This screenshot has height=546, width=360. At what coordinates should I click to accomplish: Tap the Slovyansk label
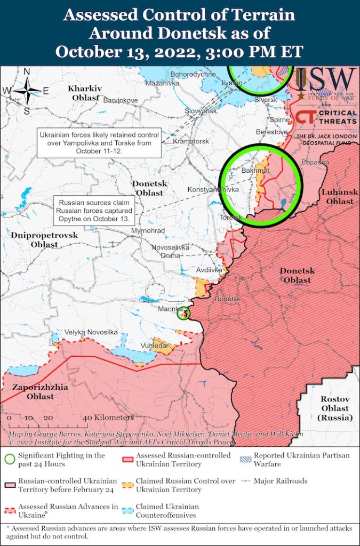(x=201, y=111)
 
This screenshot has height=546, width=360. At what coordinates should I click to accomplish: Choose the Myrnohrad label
(x=148, y=231)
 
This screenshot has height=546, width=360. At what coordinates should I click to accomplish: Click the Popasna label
(x=314, y=162)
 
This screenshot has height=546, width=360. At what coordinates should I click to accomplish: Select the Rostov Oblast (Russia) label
(x=335, y=408)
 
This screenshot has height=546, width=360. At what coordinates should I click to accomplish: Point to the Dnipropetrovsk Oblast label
(x=44, y=239)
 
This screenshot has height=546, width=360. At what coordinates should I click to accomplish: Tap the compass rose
(x=27, y=91)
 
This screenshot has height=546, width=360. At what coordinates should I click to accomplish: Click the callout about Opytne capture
(x=94, y=211)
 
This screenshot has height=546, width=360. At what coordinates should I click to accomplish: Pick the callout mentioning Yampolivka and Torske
(x=99, y=143)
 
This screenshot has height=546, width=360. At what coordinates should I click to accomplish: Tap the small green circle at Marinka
(x=183, y=314)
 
